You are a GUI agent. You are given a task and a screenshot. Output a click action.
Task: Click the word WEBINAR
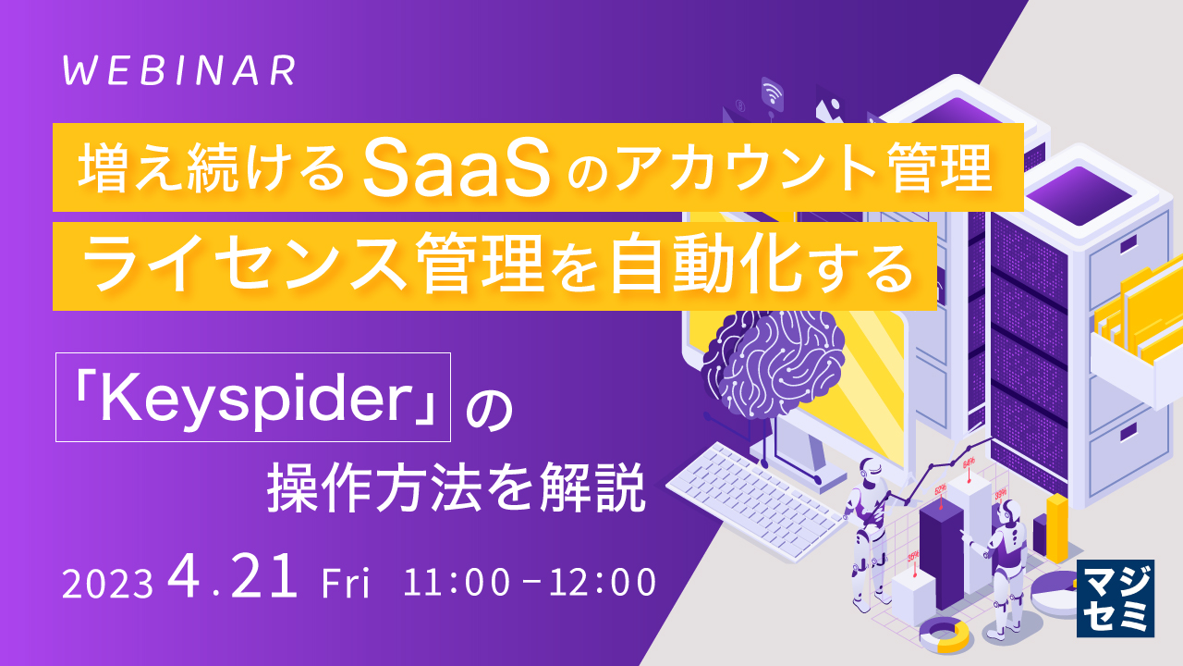[x=180, y=71]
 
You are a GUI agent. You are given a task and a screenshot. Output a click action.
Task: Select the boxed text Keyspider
[x=254, y=396]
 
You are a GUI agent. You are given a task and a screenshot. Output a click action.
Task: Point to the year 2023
[x=106, y=584]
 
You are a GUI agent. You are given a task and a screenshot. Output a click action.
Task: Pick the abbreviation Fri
[x=345, y=584]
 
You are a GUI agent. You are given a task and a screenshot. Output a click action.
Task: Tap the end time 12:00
[x=602, y=582]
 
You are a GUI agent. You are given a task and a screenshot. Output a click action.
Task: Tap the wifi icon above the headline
[x=773, y=92]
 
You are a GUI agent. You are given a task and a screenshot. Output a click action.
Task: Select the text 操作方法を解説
[x=455, y=487]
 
